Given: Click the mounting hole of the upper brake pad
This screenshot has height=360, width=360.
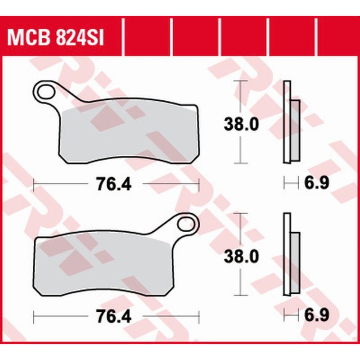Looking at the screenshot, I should pos(45,92).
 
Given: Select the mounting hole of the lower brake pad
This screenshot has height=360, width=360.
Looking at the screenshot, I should pos(186,224).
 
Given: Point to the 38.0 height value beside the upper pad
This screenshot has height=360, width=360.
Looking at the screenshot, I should pos(241,123).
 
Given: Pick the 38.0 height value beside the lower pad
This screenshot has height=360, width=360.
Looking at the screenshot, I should pos(241,256).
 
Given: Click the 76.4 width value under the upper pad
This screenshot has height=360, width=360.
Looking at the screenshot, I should pos(113,184).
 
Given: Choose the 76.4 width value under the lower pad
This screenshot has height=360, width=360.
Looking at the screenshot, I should pos(113,316).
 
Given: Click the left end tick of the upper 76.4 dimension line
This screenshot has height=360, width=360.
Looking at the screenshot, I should pos(34,184).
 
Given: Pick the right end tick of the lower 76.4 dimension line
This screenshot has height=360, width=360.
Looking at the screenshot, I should pos(198,316).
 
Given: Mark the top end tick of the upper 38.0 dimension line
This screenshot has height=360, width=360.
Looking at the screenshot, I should pos(242,81).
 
